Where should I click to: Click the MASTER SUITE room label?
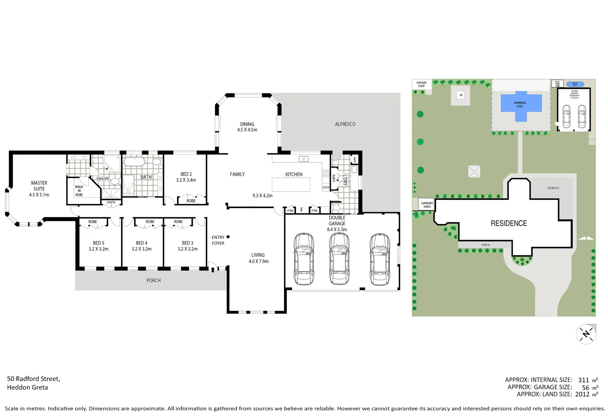tap(39, 188)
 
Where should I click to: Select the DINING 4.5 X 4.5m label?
tap(247, 127)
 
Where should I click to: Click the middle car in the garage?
tap(339, 259)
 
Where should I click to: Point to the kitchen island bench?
tap(291, 185)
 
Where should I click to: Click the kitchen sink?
tap(303, 159)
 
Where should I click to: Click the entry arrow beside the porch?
tap(212, 269)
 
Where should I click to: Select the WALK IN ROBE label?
tap(79, 191)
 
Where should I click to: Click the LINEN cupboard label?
tap(111, 202)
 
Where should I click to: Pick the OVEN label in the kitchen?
tap(326, 188)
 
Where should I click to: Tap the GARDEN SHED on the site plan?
tap(427, 205)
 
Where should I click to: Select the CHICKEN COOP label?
tap(421, 84)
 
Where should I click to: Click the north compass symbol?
tap(586, 334)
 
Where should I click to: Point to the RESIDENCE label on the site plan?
tap(509, 223)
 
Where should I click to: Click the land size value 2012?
tap(582, 394)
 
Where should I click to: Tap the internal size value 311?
tap(583, 380)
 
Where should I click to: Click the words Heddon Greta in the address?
tap(27, 387)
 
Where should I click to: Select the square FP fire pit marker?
tap(461, 95)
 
